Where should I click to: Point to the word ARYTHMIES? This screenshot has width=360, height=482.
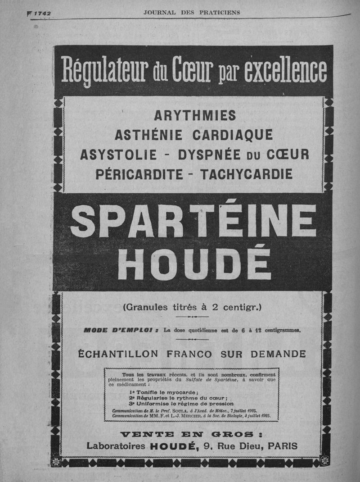[x=194, y=116]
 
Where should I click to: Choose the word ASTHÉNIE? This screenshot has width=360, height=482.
[x=148, y=135]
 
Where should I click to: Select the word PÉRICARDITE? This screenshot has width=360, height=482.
[x=139, y=173]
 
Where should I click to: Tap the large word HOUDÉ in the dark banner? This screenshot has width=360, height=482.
[x=193, y=263]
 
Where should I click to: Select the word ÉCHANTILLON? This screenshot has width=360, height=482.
[x=118, y=354]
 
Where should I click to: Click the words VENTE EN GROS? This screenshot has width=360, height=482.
[x=192, y=434]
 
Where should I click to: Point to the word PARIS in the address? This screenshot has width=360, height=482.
[x=283, y=446]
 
